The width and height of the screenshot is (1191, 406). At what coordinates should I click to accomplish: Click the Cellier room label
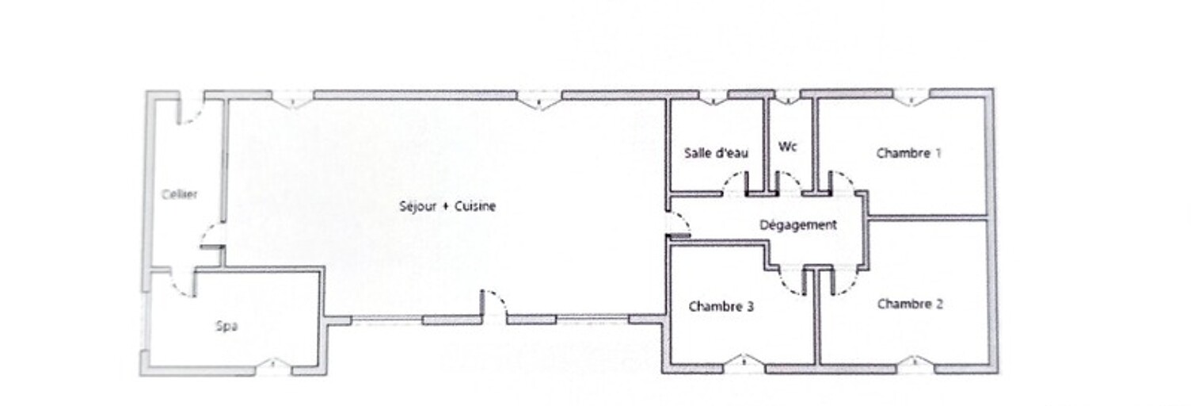[x=180, y=194]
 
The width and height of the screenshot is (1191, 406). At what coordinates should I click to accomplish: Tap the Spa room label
[x=226, y=326]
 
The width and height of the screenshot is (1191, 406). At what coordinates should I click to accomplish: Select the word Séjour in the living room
[x=417, y=206]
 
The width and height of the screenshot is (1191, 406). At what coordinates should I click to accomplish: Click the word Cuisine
[x=475, y=206]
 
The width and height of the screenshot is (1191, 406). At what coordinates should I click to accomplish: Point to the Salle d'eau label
[x=716, y=153]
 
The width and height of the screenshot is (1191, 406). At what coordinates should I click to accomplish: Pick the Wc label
[x=787, y=147]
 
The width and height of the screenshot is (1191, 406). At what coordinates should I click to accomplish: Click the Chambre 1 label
[x=908, y=153]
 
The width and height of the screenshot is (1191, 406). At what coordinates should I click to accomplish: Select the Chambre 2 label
[x=910, y=304]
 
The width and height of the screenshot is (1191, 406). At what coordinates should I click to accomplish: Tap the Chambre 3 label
[x=721, y=307]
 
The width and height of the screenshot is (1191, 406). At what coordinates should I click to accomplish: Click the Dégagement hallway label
[x=798, y=225]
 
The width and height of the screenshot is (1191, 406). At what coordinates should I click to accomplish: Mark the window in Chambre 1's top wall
[x=911, y=98]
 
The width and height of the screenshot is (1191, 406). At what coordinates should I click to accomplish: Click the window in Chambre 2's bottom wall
[x=915, y=363]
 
